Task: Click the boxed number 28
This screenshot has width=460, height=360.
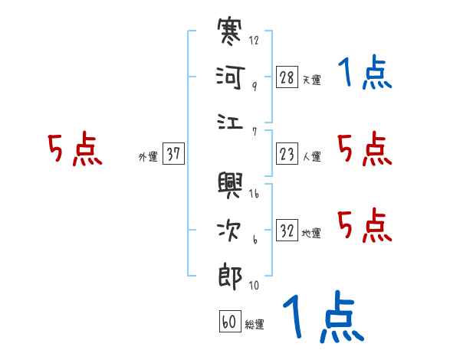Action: pos(287,77)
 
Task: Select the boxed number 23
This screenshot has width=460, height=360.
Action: pos(287,154)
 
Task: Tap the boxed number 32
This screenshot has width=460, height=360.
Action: pos(287,231)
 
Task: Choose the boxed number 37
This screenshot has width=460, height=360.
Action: pos(173,154)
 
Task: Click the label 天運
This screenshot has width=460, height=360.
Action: pos(311,80)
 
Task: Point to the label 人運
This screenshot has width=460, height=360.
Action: pos(311,156)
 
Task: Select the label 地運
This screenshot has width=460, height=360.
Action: pos(311,233)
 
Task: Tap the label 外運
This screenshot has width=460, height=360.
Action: pos(148,156)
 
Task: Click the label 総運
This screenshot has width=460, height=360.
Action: pos(255,324)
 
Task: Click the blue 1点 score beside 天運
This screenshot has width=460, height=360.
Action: pos(366,74)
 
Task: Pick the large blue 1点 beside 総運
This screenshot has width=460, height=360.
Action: pos(322,318)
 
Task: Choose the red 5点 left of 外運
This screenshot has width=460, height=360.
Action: pos(75,149)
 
